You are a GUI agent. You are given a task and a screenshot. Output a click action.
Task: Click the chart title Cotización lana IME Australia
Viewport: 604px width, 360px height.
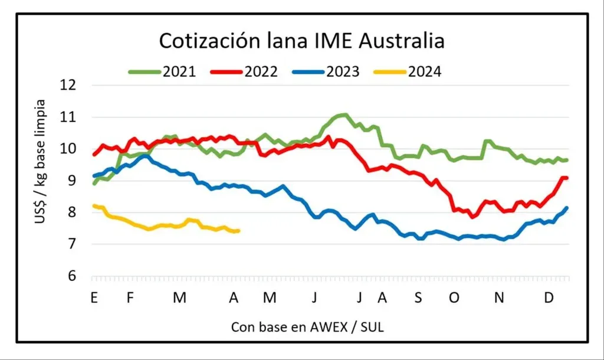point(301,41)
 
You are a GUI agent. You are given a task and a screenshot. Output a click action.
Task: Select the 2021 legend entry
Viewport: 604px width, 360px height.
point(162,72)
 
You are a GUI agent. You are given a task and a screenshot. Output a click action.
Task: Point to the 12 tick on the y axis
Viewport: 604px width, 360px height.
point(69,84)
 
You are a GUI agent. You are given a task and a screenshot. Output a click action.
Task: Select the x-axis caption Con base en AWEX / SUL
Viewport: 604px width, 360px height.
point(307,327)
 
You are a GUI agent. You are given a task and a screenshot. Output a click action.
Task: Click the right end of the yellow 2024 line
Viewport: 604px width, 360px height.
point(239,231)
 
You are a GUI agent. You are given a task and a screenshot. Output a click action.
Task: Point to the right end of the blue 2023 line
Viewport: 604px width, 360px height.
point(567,207)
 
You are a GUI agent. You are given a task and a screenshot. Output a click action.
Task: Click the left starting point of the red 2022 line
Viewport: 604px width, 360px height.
point(94,155)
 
